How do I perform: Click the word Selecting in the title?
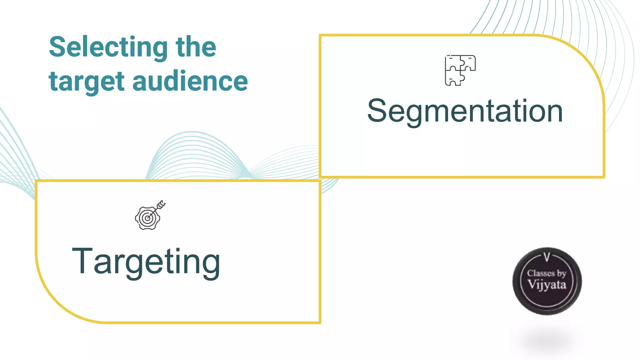108,48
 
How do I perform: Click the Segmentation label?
465,112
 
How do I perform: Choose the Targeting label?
146,262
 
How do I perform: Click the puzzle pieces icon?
460,70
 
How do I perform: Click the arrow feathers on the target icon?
161,205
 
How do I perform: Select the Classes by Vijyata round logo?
547,281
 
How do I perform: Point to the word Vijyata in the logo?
547,285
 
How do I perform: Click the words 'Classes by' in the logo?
547,273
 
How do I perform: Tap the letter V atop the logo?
547,257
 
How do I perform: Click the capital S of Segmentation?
378,111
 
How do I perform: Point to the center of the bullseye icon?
147,218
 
